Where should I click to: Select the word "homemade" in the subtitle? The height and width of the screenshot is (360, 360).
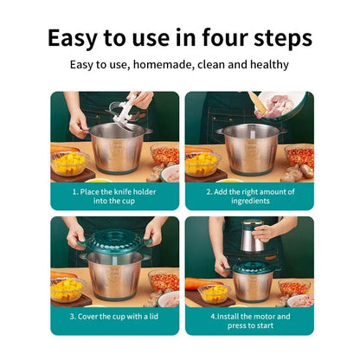[163, 65]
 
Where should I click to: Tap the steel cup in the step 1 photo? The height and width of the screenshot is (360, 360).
[116, 148]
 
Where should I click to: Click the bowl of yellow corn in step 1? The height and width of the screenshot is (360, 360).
[69, 162]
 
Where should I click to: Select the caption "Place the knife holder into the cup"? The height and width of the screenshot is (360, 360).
[114, 196]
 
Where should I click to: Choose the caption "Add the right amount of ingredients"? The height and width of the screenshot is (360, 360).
[248, 196]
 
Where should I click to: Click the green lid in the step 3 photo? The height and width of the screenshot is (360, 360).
[115, 244]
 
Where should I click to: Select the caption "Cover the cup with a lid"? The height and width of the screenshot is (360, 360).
[114, 317]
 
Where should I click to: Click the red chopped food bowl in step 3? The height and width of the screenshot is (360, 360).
[162, 281]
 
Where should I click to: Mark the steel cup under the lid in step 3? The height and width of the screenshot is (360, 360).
[115, 277]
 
